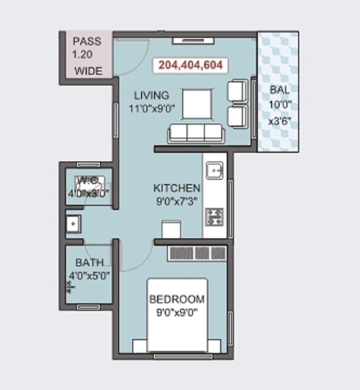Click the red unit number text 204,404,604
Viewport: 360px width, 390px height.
pyautogui.click(x=190, y=66)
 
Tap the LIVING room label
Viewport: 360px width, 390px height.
pyautogui.click(x=152, y=95)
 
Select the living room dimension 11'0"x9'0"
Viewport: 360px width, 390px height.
pyautogui.click(x=152, y=108)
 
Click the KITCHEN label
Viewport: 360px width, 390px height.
pyautogui.click(x=176, y=188)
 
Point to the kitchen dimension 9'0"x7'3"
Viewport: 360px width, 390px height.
pyautogui.click(x=176, y=201)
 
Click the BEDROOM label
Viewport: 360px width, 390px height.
pyautogui.click(x=177, y=299)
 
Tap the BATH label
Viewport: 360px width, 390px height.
pyautogui.click(x=89, y=262)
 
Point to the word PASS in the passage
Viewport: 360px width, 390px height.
pyautogui.click(x=87, y=42)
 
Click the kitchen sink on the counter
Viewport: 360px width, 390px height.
pyautogui.click(x=214, y=171)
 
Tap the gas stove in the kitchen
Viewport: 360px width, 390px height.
pyautogui.click(x=214, y=217)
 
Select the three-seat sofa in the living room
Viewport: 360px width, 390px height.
pyautogui.click(x=195, y=133)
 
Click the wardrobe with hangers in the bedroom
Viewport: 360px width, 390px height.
pyautogui.click(x=196, y=253)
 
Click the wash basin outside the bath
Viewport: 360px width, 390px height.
pyautogui.click(x=72, y=223)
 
